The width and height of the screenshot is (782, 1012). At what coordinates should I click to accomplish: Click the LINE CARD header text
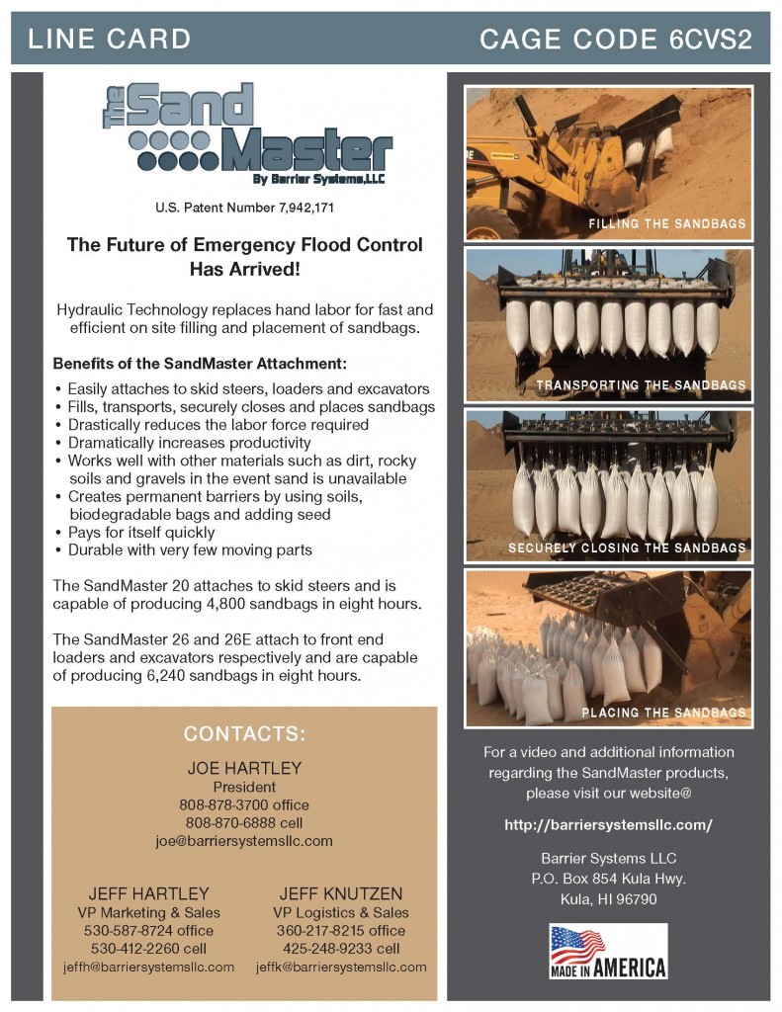109,40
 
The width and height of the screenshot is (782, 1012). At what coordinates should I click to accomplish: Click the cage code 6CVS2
616,40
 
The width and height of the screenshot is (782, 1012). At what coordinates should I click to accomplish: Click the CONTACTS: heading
244,734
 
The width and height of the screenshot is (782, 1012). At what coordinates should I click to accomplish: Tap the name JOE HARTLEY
244,768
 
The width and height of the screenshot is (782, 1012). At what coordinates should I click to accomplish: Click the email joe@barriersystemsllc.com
244,841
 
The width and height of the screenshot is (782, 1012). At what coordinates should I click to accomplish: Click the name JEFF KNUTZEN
341,893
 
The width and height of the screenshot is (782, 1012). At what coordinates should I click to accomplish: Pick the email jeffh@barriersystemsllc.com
149,967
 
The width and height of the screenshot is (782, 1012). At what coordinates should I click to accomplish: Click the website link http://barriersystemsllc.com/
608,824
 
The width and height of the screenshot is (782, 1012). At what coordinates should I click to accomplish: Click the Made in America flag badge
608,951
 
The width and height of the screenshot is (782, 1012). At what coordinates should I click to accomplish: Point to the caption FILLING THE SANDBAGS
667,224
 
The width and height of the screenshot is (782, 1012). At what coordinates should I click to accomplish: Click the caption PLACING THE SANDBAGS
663,713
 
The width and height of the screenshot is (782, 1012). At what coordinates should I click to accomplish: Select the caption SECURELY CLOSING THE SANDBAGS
627,548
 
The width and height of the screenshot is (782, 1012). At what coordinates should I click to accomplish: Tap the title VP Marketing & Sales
149,912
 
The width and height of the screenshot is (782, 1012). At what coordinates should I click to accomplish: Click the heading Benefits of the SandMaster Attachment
200,364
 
